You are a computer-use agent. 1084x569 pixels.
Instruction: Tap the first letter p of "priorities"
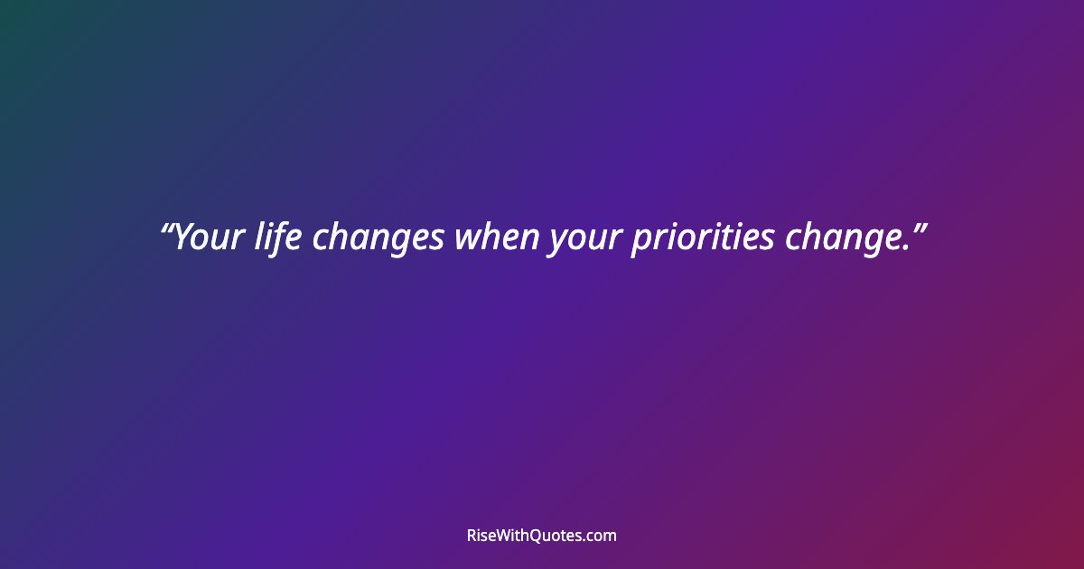[640, 242]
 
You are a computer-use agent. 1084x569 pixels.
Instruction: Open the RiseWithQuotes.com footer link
[541, 536]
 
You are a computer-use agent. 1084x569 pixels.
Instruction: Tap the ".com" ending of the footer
[602, 536]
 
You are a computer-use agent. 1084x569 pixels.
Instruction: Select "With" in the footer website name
[518, 536]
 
